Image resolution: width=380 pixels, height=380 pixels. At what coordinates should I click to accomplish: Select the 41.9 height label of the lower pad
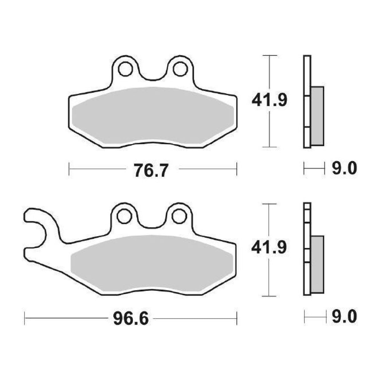tap(270, 248)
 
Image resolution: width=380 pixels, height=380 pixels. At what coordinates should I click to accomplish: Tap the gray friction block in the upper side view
tap(317, 116)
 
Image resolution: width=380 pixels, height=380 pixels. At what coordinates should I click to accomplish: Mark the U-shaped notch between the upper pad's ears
tap(152, 74)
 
